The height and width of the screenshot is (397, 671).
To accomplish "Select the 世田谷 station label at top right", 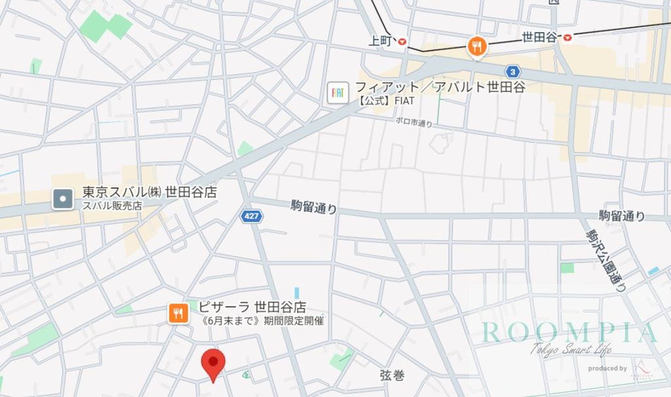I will click(x=540, y=37).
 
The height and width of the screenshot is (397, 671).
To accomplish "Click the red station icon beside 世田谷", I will click(x=567, y=37).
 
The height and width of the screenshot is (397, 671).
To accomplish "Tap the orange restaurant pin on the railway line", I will click(x=476, y=47).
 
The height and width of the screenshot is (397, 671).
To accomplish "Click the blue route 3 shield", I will click(x=512, y=71).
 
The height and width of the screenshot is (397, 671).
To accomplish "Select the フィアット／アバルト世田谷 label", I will click(x=440, y=86).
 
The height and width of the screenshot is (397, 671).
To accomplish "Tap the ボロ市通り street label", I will click(x=413, y=121).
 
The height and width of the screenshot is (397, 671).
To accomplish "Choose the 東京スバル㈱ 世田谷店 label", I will click(x=149, y=193).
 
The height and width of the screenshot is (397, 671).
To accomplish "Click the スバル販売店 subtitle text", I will click(x=112, y=206).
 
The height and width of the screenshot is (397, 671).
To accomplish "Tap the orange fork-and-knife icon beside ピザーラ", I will click(x=178, y=313).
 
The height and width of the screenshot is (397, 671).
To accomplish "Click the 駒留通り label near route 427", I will click(x=314, y=208).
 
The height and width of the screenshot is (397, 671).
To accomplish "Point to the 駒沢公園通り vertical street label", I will click(x=606, y=259).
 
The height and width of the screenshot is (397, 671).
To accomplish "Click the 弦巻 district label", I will click(x=392, y=375).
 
